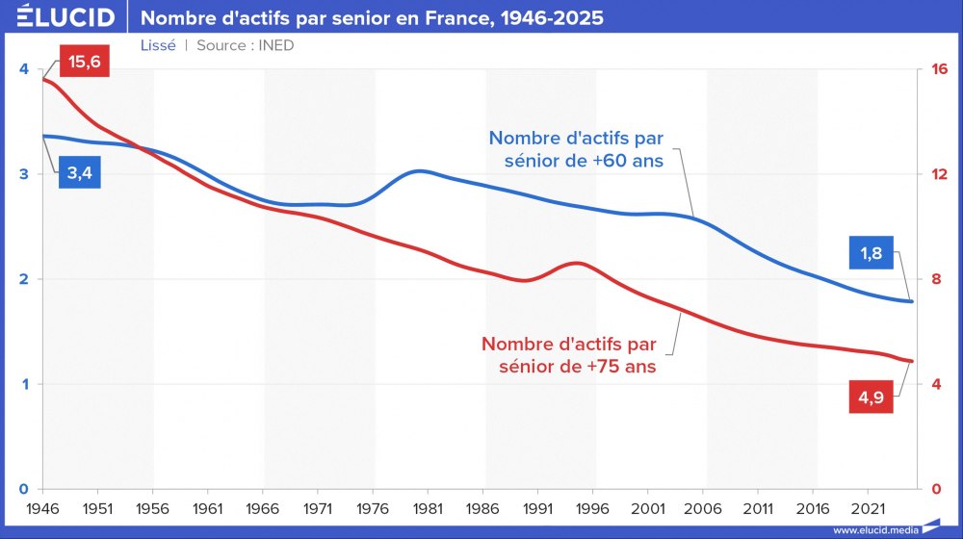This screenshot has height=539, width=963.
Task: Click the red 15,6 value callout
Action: [x=85, y=64]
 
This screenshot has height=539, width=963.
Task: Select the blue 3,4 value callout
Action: [x=85, y=174]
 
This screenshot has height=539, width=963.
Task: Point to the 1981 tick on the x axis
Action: [x=429, y=506]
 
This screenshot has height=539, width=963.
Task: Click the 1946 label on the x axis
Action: [x=41, y=506]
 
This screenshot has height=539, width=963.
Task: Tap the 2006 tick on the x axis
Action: [x=705, y=506]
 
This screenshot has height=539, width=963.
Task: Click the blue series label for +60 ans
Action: [x=576, y=149]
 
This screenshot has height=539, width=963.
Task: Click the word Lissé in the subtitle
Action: [x=158, y=45]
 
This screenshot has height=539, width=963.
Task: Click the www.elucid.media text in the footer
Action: [x=874, y=529]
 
